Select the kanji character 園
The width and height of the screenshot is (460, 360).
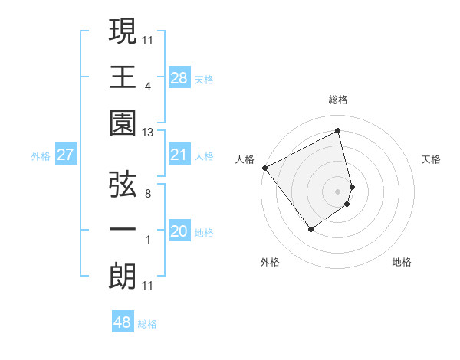tap(123, 123)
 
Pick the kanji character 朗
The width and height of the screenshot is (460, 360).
tap(123, 277)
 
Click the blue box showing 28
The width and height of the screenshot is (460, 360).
tap(179, 77)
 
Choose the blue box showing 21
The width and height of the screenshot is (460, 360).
tap(179, 155)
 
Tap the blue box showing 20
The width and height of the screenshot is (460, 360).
tap(179, 231)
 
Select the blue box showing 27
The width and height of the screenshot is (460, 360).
tap(65, 155)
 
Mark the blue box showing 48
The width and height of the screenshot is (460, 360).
tap(123, 322)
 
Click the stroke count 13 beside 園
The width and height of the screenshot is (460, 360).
tap(148, 133)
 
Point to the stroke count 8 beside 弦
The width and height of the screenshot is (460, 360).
tap(147, 194)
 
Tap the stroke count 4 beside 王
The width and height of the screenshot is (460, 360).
tap(147, 86)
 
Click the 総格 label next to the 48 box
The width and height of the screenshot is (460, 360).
tap(147, 324)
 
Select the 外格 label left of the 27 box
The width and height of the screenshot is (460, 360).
tap(41, 156)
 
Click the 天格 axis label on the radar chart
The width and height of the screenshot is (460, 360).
tap(432, 159)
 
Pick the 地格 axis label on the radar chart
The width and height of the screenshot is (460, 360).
tap(402, 262)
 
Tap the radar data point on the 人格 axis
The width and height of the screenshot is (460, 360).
tap(264, 167)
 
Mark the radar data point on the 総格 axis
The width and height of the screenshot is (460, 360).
tap(338, 130)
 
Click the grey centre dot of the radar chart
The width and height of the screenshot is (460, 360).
tap(338, 190)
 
